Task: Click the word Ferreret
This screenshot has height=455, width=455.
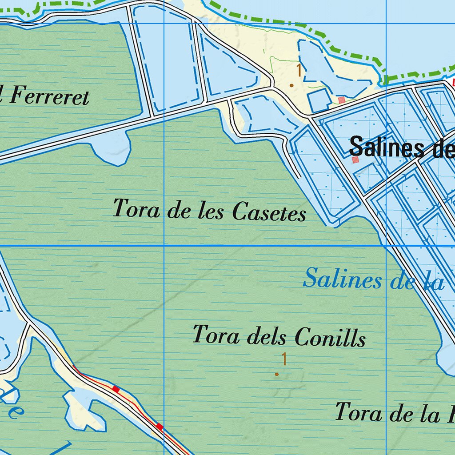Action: click(49, 96)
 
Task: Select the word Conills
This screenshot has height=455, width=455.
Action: click(330, 338)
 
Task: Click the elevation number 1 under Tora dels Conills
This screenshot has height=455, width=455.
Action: click(284, 359)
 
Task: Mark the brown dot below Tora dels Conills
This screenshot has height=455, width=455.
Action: click(277, 374)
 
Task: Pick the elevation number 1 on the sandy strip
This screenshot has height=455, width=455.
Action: click(299, 70)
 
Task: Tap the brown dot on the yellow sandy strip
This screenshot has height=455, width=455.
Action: click(291, 85)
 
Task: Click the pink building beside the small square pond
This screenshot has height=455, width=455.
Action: click(341, 100)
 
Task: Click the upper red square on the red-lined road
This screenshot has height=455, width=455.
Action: click(116, 389)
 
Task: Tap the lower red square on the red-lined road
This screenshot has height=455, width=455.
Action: click(160, 427)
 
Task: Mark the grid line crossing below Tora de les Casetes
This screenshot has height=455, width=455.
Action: click(164, 246)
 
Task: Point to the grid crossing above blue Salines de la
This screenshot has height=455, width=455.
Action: click(386, 246)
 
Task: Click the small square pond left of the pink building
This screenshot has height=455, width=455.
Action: click(319, 101)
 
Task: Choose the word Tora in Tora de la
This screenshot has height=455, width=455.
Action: click(358, 412)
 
